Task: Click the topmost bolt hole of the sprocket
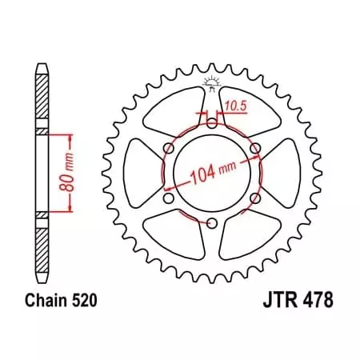tap(211, 122)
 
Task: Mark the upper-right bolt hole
tap(255, 148)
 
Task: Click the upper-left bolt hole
tap(167, 148)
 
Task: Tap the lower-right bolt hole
tap(255, 198)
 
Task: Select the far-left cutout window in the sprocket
tap(141, 174)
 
